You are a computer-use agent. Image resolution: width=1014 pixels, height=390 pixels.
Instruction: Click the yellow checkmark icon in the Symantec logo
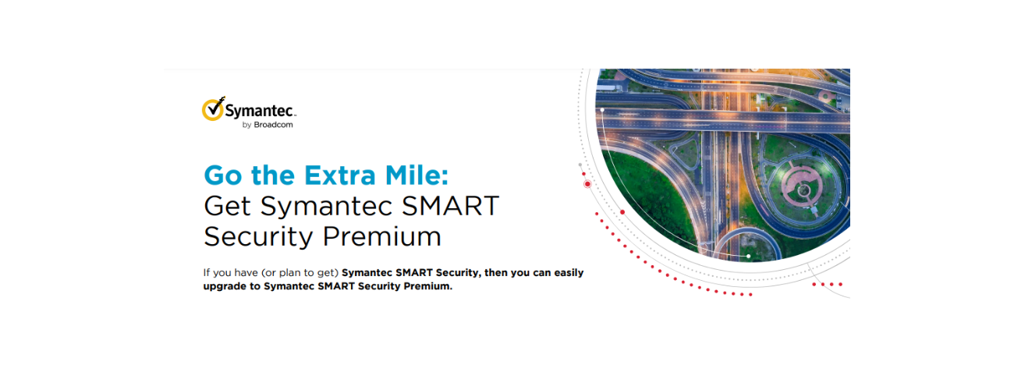(x=213, y=110)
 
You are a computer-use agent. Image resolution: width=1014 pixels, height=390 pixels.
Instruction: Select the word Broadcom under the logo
(x=273, y=125)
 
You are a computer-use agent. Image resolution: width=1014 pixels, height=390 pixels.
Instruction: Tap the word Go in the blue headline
(x=222, y=174)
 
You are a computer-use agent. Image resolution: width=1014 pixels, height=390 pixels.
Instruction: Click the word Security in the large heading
(x=257, y=236)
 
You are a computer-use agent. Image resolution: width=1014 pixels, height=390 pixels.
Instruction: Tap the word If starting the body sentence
(x=207, y=273)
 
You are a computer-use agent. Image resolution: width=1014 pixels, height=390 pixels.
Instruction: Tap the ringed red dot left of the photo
(x=587, y=184)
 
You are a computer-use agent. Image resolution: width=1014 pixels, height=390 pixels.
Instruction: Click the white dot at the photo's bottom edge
(x=748, y=256)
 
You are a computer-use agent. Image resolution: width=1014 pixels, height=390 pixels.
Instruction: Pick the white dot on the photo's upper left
(x=602, y=110)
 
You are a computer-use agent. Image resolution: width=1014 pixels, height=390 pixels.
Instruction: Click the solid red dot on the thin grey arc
(x=622, y=212)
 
